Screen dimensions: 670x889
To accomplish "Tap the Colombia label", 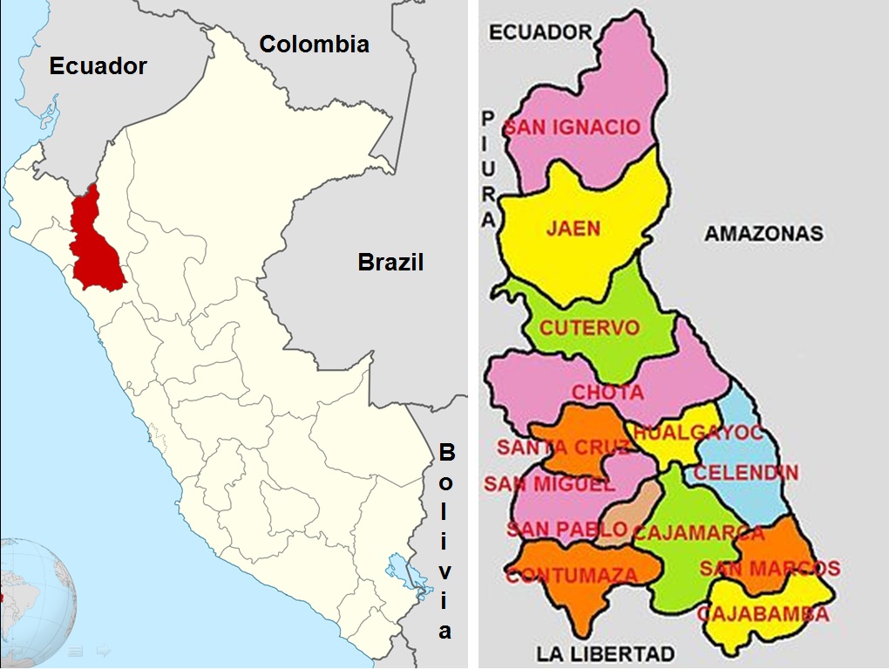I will click(x=314, y=44).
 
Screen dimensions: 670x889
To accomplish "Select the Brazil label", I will click(x=390, y=262).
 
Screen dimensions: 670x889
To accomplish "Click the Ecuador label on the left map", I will click(x=98, y=66).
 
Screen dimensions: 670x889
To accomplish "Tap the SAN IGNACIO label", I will click(x=573, y=127).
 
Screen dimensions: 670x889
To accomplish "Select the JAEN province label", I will click(x=573, y=229).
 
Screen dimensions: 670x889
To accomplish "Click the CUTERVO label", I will click(x=589, y=329).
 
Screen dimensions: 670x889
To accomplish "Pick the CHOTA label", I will click(x=607, y=393).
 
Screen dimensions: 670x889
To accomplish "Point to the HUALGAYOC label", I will click(x=698, y=433).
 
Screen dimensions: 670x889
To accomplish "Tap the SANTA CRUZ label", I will click(x=563, y=448).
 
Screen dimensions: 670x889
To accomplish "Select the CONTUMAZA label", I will click(x=572, y=575).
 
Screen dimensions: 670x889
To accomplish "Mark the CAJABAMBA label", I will click(x=762, y=614).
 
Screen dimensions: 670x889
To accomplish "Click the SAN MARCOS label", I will click(x=770, y=569).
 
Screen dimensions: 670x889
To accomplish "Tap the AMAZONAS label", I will click(x=763, y=234).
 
